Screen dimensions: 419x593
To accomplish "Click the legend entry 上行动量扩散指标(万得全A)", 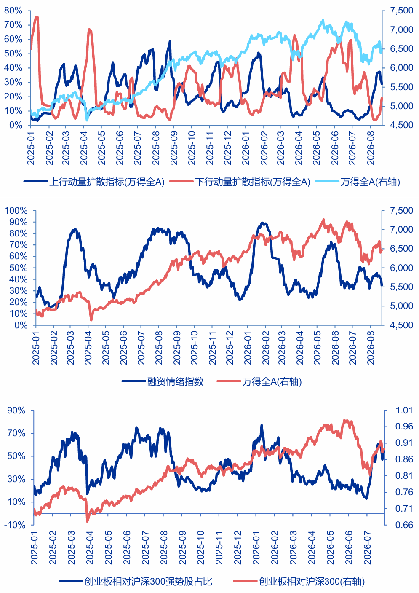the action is [x=94, y=182].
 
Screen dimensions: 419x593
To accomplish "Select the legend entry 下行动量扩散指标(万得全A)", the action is [x=240, y=182].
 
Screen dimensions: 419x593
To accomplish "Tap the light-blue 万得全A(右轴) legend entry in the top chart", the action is [x=358, y=182].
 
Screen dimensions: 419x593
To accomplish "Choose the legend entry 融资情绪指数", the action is [x=163, y=381].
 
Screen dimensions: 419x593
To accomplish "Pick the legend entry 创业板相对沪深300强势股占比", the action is [x=136, y=581].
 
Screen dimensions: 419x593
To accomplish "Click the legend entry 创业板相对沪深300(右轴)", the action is [x=299, y=581].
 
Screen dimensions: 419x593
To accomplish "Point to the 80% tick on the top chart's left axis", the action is [x=13, y=11].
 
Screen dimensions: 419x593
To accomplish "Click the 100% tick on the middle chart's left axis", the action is [x=16, y=211].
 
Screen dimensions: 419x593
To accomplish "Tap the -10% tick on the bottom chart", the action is [x=15, y=525].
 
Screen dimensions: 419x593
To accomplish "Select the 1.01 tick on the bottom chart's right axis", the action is [x=404, y=411].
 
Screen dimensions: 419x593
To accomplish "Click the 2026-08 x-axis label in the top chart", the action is [x=370, y=148].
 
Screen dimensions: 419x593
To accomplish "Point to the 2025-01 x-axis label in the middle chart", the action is [x=36, y=348].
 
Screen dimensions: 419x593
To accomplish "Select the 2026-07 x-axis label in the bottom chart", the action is [x=367, y=547].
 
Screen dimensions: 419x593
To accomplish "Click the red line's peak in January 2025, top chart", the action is [x=37, y=17].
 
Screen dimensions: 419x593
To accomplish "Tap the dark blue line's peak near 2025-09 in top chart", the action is [x=170, y=41].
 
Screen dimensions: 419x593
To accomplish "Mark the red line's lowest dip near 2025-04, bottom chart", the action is [x=88, y=521].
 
